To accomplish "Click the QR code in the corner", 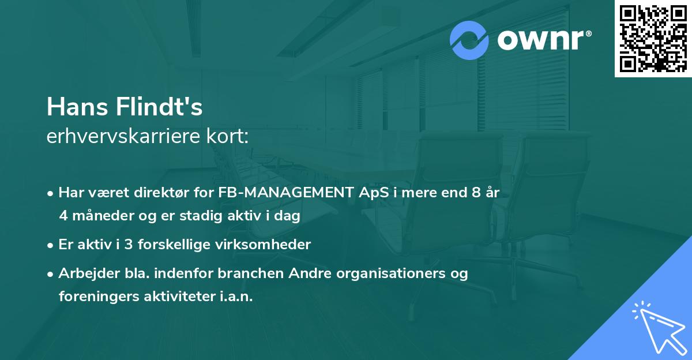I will [x=653, y=39].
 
